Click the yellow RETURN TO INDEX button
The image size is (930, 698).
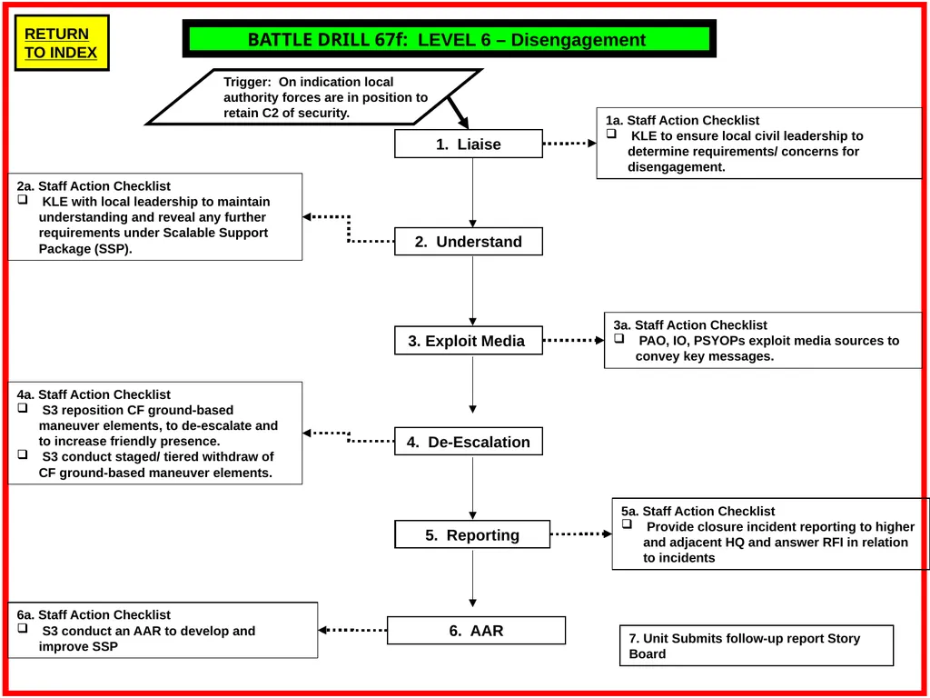point(62,43)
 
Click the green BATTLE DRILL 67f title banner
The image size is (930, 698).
point(449,39)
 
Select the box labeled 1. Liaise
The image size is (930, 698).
point(469,144)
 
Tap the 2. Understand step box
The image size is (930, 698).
point(469,242)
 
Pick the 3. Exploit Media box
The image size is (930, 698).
point(469,341)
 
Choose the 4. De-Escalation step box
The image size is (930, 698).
point(469,442)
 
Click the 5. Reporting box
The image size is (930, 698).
point(472,534)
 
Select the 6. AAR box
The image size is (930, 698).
point(476,631)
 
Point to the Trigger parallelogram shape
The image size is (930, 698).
point(314,96)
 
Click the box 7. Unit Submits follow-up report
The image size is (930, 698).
point(757,646)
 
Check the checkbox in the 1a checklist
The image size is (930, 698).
point(611,135)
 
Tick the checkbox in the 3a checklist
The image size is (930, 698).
point(619,338)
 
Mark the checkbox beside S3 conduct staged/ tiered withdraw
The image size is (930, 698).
point(23,454)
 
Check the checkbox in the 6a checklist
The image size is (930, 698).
point(23,628)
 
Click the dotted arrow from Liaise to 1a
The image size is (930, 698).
point(570,143)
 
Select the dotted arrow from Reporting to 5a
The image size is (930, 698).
point(581,534)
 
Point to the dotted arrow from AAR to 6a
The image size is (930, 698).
point(353,630)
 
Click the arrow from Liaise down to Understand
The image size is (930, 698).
point(472,193)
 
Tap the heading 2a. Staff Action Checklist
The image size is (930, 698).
point(94,186)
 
